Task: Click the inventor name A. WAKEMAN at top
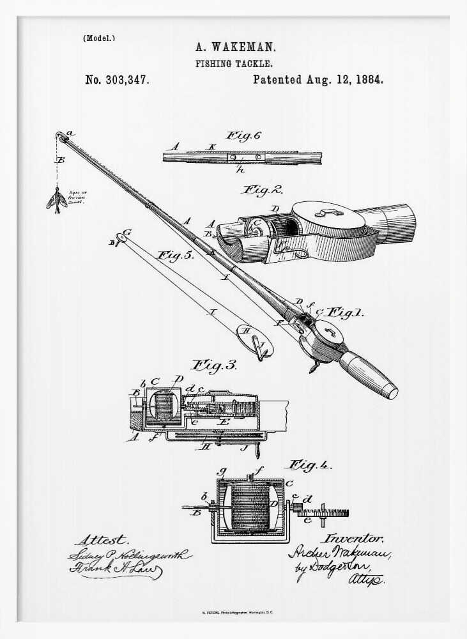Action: pos(235,47)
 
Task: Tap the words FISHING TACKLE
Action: pos(234,64)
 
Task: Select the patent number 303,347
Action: pos(128,80)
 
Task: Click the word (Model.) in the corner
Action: pos(99,38)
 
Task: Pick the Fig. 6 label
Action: pos(243,135)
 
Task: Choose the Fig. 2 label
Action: pos(262,190)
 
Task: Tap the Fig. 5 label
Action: pos(176,256)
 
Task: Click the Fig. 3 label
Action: pos(215,366)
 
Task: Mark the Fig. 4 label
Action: pos(310,465)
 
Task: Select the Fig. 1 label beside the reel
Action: pos(345,313)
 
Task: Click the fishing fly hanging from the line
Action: pos(56,199)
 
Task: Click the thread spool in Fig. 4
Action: pos(250,506)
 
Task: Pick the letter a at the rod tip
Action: pos(70,133)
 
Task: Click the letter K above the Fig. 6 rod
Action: pos(211,147)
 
